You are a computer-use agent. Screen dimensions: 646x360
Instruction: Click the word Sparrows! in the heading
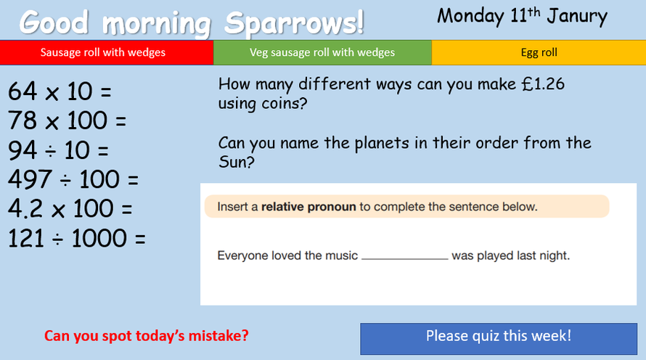click(294, 23)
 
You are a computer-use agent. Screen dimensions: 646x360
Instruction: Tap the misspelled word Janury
click(577, 17)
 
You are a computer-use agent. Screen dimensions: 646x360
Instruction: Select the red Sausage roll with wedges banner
click(107, 53)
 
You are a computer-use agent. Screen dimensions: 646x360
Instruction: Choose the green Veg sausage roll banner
click(322, 53)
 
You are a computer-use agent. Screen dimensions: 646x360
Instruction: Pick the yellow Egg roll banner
click(539, 53)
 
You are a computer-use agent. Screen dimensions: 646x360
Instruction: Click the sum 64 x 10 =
click(60, 91)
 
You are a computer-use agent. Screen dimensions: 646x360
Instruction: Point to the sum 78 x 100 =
click(68, 120)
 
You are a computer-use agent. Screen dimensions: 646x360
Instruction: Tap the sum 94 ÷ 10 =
click(58, 150)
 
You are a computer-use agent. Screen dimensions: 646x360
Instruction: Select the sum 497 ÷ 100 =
click(73, 179)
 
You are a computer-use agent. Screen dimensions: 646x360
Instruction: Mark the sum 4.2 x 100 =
click(70, 208)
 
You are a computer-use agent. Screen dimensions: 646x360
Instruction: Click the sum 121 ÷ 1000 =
click(77, 238)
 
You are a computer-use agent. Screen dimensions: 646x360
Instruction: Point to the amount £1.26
click(543, 84)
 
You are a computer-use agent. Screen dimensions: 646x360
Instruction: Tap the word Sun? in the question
click(237, 161)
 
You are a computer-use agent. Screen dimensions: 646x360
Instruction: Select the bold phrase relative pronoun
click(308, 206)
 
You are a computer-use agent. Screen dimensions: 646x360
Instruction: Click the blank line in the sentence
click(405, 258)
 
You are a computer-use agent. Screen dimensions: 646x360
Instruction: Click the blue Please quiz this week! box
click(499, 338)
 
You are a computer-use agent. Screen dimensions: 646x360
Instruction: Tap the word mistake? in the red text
click(218, 336)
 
